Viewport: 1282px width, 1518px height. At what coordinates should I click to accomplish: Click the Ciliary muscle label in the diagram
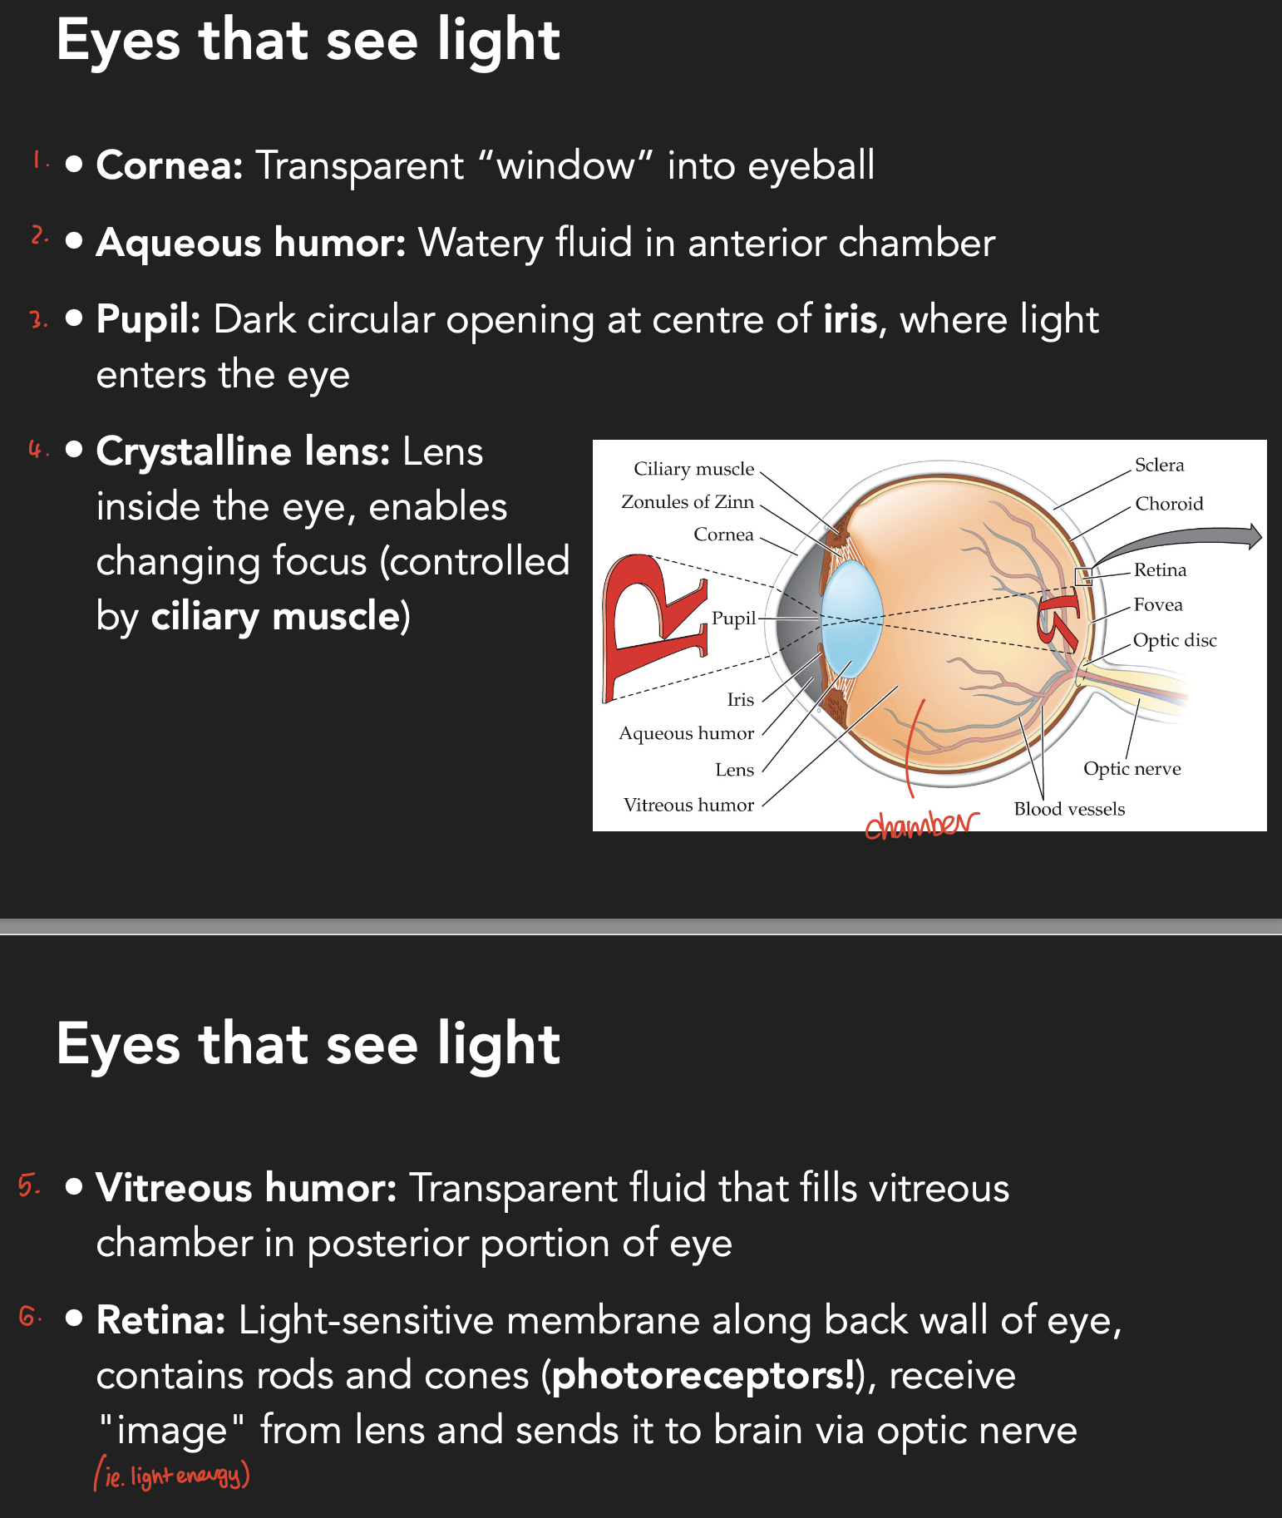point(693,469)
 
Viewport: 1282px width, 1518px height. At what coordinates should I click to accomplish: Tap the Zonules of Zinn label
point(688,502)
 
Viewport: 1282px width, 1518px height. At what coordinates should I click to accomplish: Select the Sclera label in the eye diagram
point(1159,465)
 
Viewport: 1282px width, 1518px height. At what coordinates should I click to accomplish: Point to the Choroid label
point(1169,504)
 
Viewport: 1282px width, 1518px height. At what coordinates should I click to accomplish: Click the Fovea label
point(1157,605)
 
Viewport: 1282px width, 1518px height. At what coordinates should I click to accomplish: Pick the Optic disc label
point(1174,640)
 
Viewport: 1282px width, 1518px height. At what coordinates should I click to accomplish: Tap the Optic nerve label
point(1132,769)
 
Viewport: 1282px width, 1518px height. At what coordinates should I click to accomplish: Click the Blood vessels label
point(1069,809)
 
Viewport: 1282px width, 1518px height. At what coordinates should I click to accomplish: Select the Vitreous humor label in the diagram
point(688,805)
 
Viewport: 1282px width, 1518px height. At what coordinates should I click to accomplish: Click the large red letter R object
point(648,623)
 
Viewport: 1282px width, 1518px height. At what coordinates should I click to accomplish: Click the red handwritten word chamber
point(920,824)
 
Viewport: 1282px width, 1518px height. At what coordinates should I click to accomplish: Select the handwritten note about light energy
point(172,1475)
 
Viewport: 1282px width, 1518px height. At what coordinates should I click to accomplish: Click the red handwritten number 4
point(36,450)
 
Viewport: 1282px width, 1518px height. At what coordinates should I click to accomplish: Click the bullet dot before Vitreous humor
point(74,1186)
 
